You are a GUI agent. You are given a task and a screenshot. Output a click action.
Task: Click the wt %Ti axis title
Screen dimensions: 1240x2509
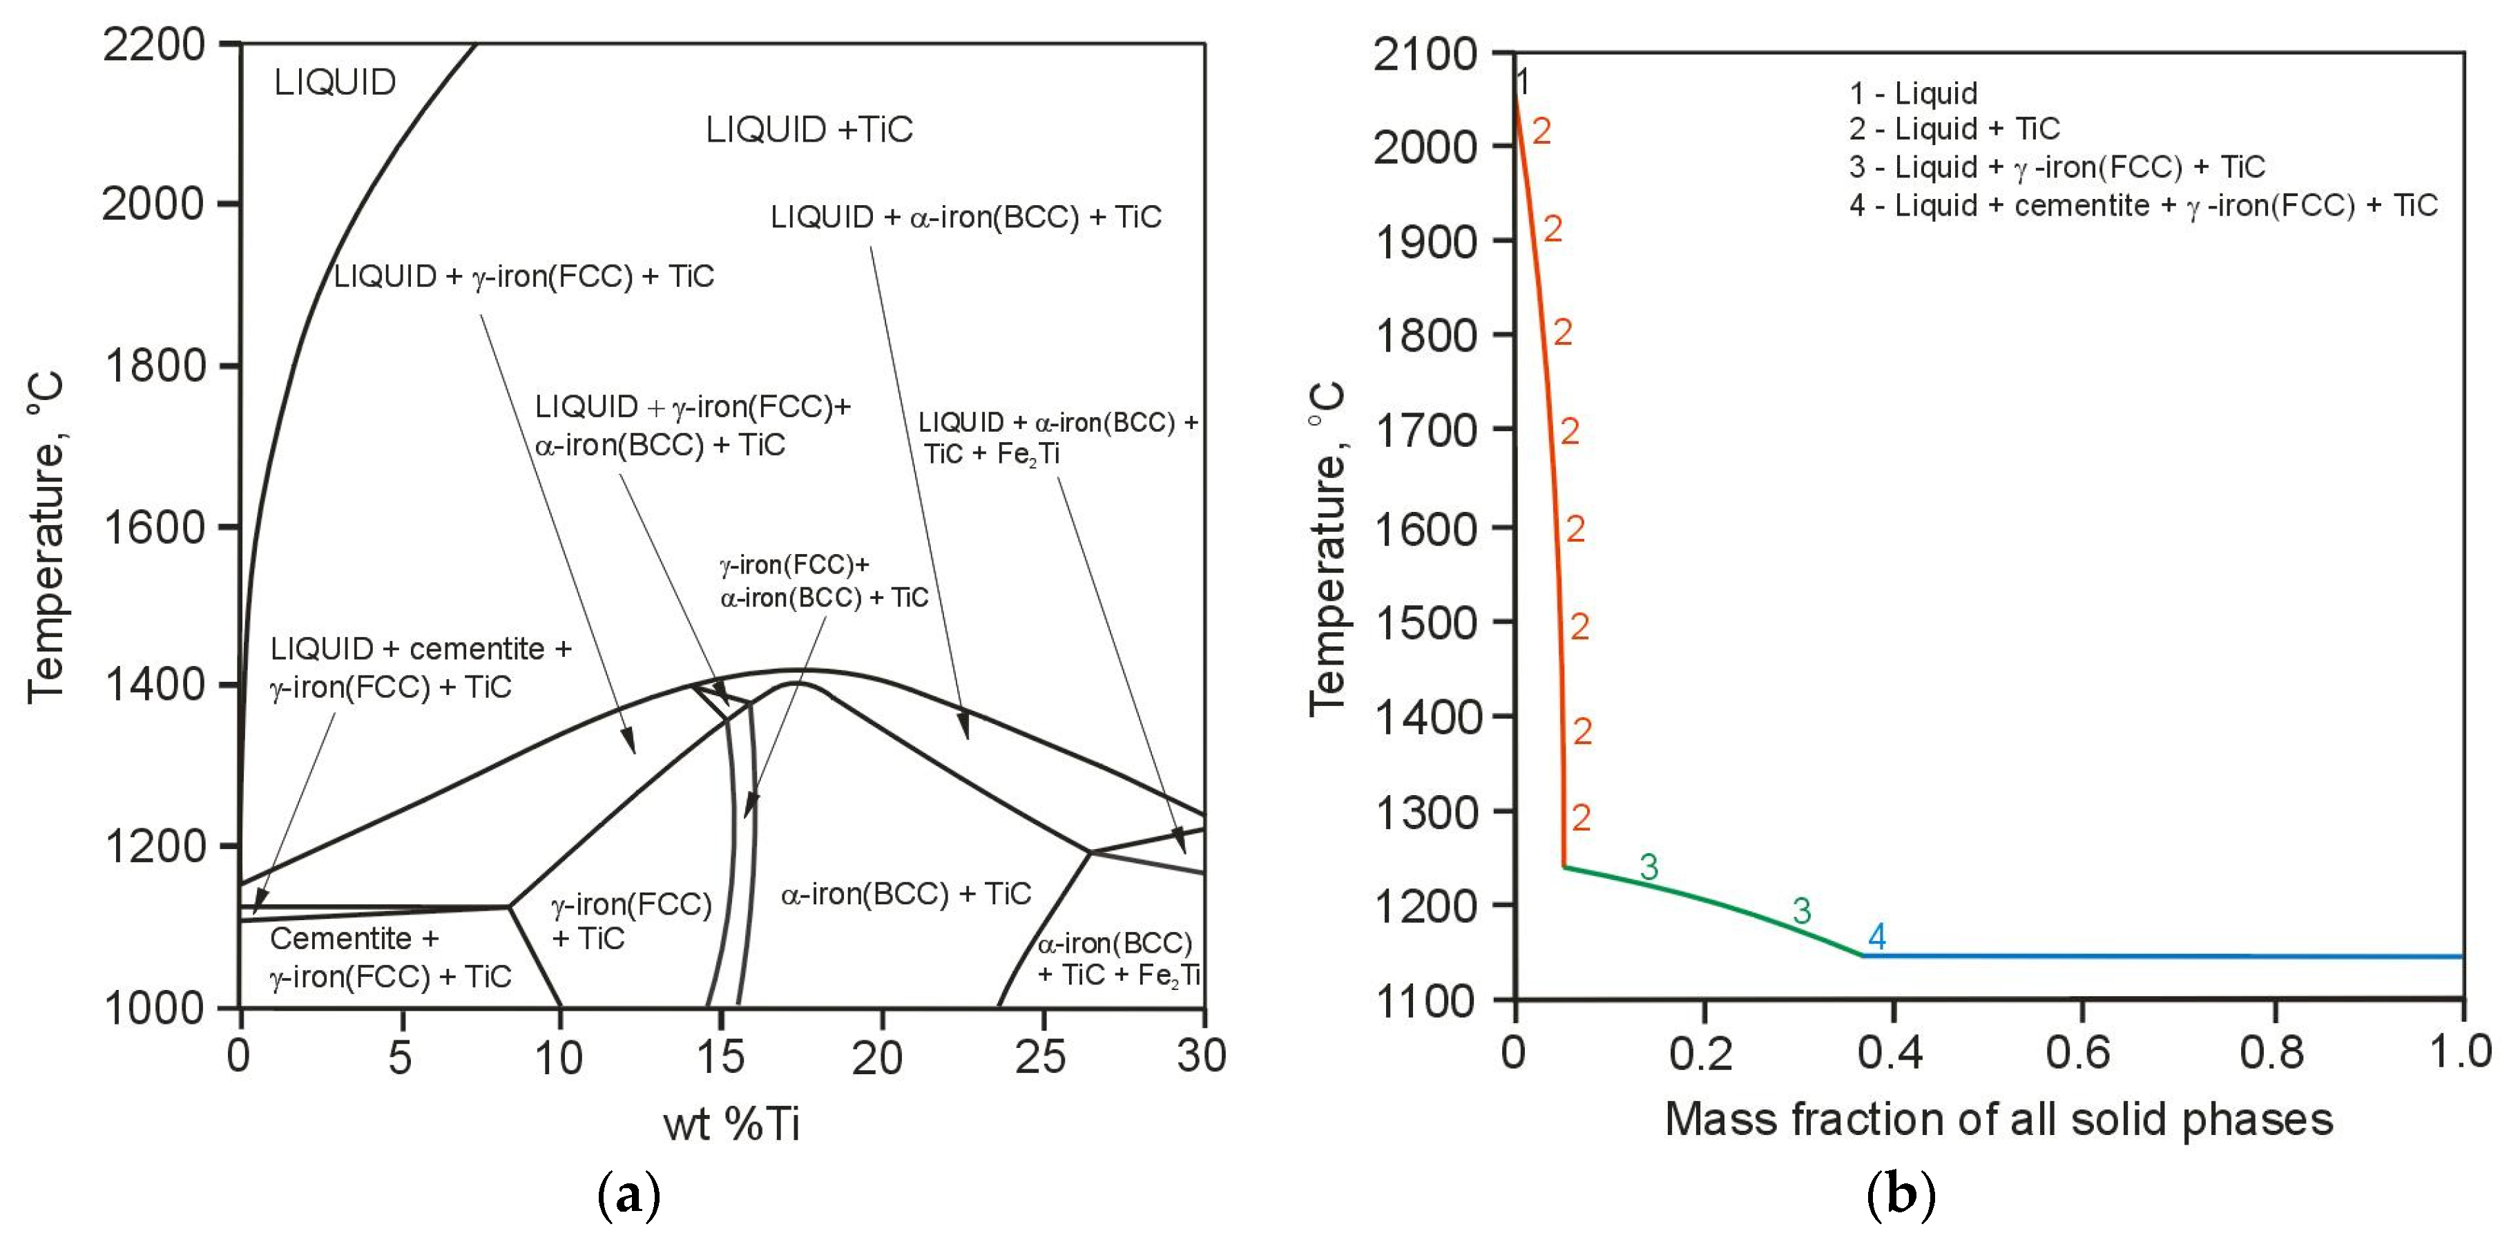pyautogui.click(x=731, y=1124)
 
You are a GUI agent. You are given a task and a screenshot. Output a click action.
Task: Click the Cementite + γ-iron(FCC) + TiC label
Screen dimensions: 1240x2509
pyautogui.click(x=390, y=957)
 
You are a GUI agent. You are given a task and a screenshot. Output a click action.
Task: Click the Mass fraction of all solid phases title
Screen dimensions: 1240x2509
pyautogui.click(x=1999, y=1119)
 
